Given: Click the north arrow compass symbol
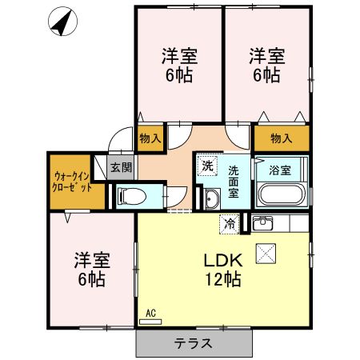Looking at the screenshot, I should (61, 22).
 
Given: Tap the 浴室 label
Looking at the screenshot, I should (279, 170).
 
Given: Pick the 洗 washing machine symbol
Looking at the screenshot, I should (208, 166).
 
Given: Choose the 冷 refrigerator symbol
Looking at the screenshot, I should (230, 224).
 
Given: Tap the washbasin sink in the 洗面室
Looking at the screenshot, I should (211, 198).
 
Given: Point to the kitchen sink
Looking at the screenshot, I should (262, 223).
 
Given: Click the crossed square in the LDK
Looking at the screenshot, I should (265, 254).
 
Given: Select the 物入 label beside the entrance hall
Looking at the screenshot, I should (150, 138).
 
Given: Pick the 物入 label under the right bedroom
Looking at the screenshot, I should (281, 138).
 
